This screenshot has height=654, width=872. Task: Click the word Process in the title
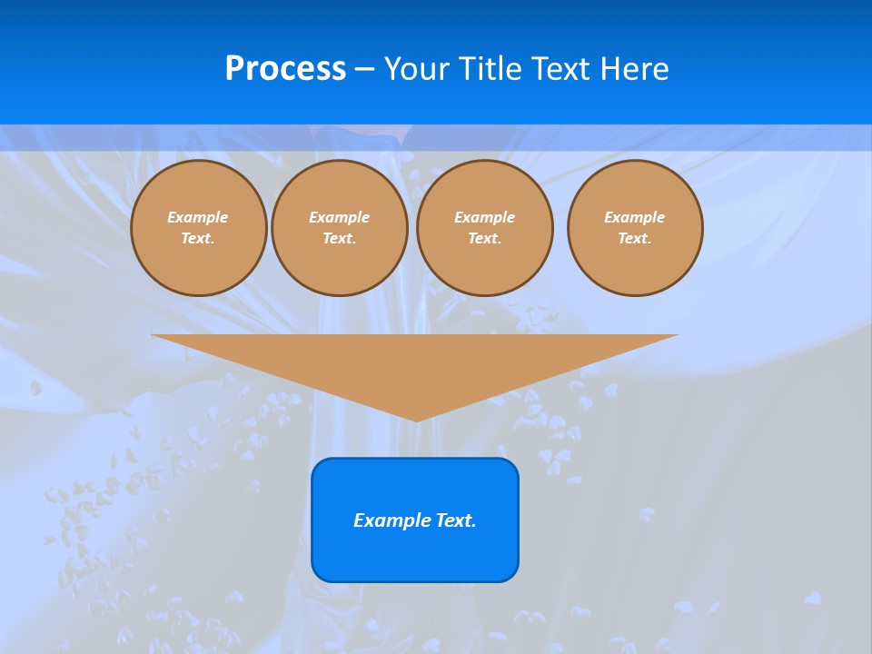285,69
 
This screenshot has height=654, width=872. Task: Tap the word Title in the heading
489,69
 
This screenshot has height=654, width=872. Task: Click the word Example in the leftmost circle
198,217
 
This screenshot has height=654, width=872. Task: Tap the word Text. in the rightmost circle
635,239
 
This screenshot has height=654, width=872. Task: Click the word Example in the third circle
485,217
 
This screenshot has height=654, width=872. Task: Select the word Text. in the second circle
340,239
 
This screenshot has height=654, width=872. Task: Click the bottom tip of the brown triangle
416,419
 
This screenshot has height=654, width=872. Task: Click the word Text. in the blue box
454,520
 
